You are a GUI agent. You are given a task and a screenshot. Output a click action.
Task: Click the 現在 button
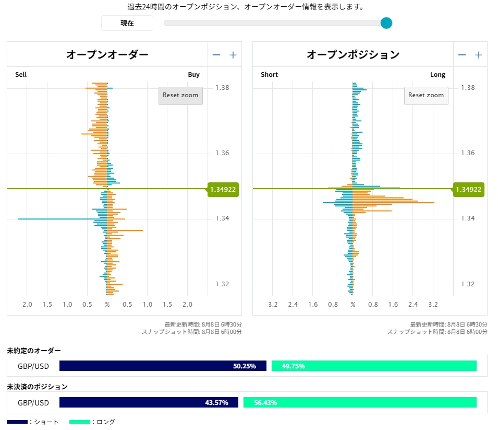[127, 23]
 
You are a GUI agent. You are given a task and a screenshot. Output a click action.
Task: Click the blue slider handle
[386, 23]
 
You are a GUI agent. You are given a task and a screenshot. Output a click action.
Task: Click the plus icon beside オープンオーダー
[233, 55]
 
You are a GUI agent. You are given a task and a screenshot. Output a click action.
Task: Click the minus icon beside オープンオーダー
[216, 55]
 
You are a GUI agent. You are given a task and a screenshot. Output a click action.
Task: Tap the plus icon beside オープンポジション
[478, 55]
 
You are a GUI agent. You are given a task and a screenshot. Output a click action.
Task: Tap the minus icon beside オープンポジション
[462, 55]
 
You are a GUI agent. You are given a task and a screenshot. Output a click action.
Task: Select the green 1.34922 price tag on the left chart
[223, 189]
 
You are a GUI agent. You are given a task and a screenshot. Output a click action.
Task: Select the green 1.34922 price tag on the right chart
[468, 189]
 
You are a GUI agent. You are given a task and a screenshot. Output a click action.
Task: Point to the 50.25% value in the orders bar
[244, 366]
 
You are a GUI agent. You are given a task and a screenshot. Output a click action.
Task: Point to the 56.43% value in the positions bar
[265, 403]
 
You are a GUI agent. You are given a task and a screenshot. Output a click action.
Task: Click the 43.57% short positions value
[216, 403]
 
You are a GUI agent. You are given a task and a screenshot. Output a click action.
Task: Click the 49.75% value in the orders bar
[293, 366]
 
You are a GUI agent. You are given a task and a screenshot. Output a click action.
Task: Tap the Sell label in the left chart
[21, 75]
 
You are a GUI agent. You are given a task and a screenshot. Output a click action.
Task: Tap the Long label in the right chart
[438, 75]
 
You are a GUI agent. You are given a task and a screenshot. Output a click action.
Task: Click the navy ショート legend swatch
[17, 422]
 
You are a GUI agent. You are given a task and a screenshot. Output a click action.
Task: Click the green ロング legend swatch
[80, 422]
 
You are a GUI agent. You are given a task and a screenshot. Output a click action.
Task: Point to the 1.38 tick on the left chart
[222, 88]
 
